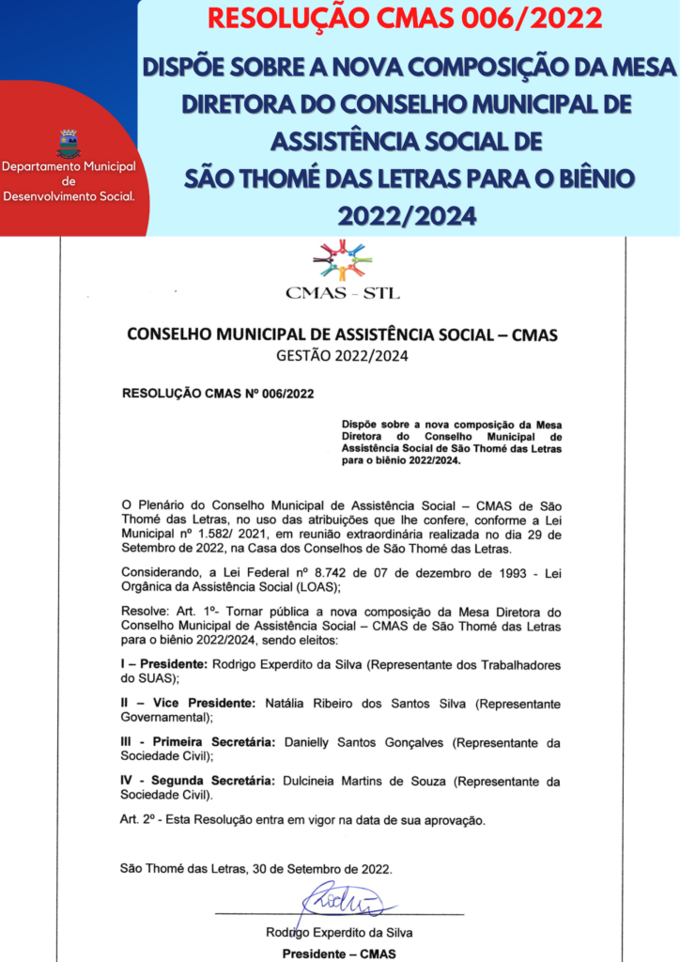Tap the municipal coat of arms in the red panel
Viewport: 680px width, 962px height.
[x=69, y=144]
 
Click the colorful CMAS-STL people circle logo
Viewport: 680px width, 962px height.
[x=342, y=258]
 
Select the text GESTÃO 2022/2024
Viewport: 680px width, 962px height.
[x=342, y=356]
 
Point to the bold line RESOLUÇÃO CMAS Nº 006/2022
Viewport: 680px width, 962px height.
[x=218, y=394]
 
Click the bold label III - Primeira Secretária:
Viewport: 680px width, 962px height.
[x=197, y=742]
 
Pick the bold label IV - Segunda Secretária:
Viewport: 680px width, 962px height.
[x=197, y=782]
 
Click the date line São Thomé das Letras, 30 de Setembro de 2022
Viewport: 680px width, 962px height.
[x=255, y=869]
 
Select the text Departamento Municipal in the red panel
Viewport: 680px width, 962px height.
[x=69, y=167]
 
